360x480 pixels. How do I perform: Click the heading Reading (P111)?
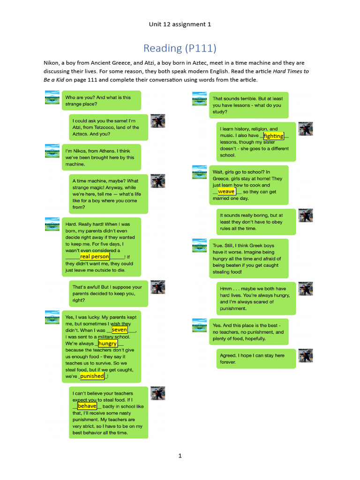(180, 48)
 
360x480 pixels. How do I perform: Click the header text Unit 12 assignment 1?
(180, 24)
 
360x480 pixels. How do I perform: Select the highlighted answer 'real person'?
(95, 256)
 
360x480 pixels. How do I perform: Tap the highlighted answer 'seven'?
(120, 330)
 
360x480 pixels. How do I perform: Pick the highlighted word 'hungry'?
(108, 344)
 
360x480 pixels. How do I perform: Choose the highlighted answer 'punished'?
(92, 376)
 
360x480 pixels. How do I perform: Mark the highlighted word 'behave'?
(87, 406)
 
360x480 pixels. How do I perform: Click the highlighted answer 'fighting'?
(274, 136)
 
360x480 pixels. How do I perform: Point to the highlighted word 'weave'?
(226, 191)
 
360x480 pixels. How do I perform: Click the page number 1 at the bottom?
(180, 456)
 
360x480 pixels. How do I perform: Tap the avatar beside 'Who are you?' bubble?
(52, 98)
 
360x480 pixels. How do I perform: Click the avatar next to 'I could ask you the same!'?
(157, 121)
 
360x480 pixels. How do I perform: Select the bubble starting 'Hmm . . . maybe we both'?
(256, 299)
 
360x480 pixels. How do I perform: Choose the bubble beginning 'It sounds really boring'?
(256, 222)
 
